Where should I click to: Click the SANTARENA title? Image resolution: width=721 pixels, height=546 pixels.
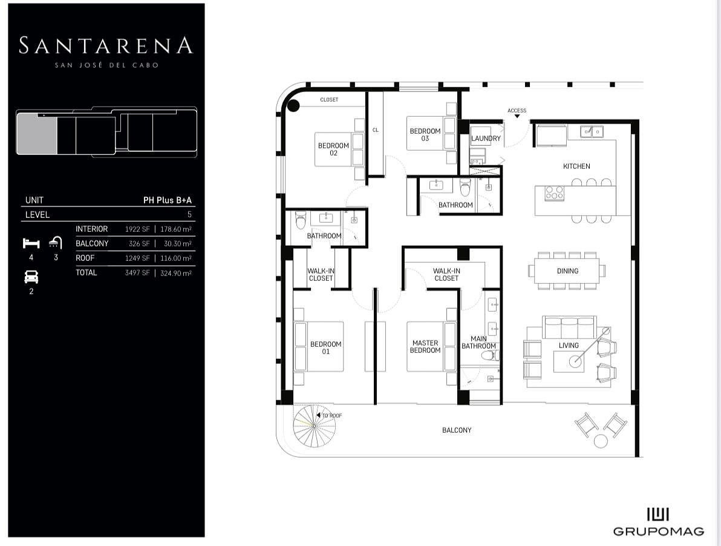click(105, 45)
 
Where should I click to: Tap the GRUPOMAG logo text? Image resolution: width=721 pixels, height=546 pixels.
click(659, 531)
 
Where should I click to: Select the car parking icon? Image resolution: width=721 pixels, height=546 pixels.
click(31, 277)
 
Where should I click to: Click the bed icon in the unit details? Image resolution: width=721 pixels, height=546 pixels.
click(31, 243)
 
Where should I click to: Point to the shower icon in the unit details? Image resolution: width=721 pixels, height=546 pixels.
click(56, 242)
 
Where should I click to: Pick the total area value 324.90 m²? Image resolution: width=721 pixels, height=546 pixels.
click(175, 273)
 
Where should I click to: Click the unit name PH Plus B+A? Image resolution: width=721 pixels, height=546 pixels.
click(168, 200)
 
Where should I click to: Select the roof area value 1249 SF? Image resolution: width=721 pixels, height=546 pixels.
click(137, 258)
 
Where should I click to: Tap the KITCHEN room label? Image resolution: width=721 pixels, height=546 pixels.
click(576, 166)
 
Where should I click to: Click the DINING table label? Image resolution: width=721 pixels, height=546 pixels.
click(567, 271)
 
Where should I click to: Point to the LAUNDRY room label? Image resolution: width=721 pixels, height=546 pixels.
click(486, 139)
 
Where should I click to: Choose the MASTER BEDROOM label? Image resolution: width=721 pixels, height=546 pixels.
click(425, 346)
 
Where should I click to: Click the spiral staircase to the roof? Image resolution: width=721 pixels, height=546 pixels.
click(315, 426)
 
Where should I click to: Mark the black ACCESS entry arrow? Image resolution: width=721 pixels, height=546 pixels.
click(517, 116)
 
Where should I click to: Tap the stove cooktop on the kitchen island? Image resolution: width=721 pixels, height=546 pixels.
click(554, 192)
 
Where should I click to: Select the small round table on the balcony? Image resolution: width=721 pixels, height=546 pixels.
click(601, 441)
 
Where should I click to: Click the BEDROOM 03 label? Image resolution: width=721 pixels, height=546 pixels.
click(425, 134)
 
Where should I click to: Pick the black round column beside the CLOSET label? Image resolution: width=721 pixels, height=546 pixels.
click(293, 106)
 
